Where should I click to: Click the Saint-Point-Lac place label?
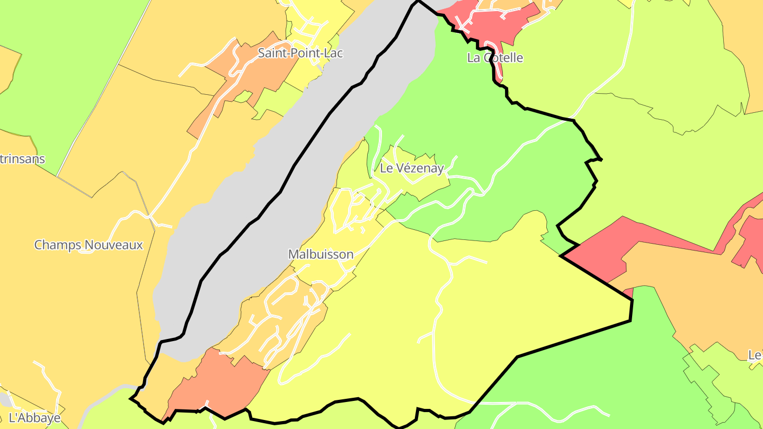300,53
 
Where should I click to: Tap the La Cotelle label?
495,58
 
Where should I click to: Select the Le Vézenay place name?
412,168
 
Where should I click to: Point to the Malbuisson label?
321,254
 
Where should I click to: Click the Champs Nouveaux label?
88,245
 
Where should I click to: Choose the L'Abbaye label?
35,418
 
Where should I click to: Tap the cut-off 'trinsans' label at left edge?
22,159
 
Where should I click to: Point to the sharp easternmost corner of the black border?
632,301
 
